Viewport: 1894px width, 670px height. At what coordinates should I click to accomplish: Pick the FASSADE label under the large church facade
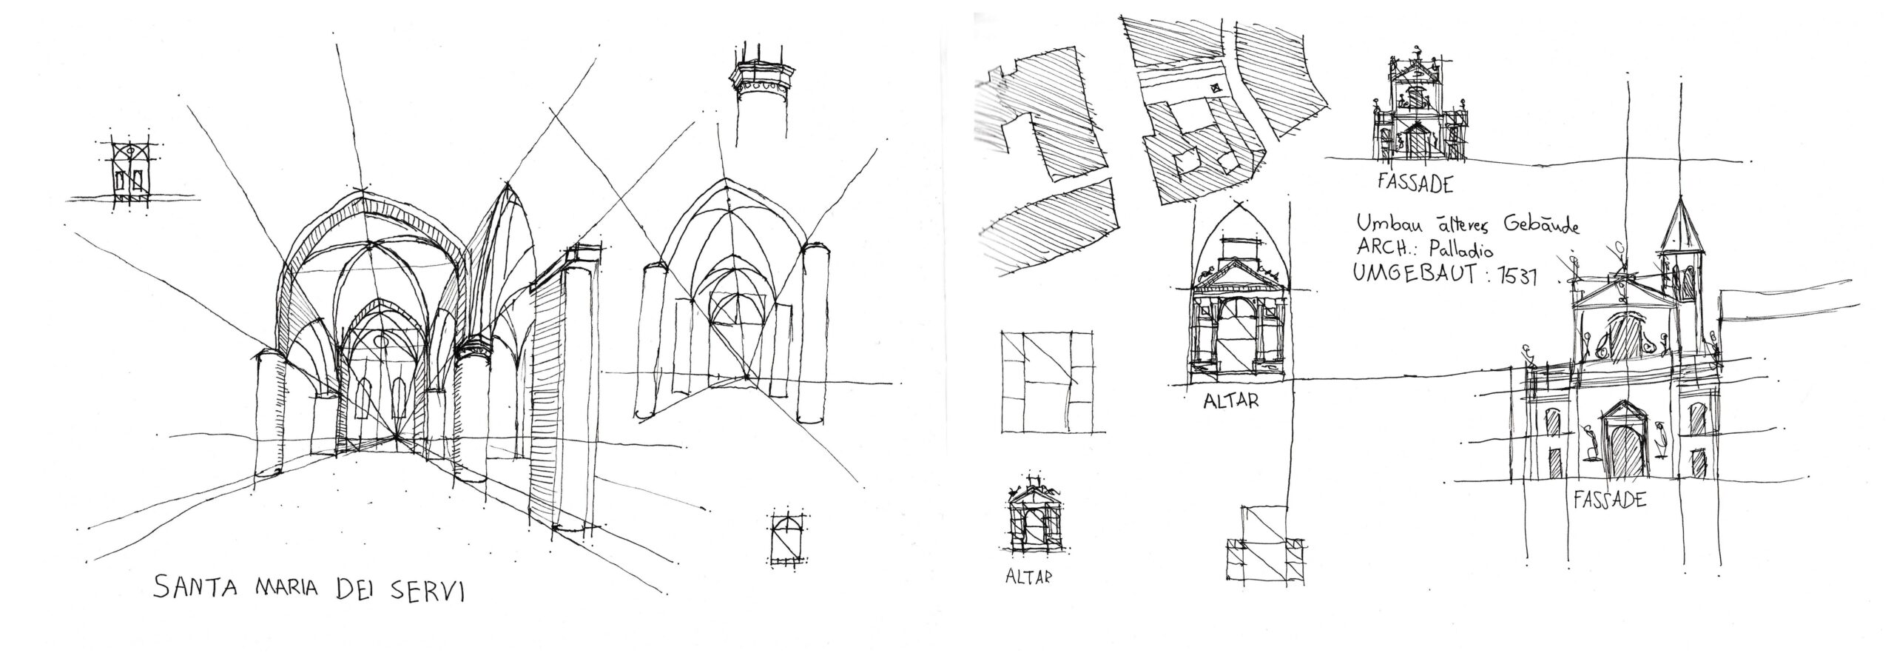1609,500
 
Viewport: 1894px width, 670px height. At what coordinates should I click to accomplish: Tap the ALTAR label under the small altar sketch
1028,576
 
